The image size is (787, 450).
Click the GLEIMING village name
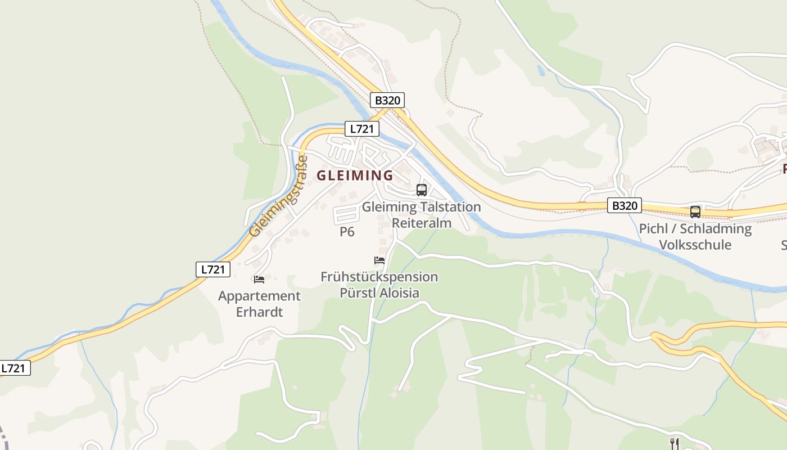[355, 175]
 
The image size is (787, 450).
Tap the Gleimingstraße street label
[279, 195]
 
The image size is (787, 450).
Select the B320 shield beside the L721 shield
[387, 100]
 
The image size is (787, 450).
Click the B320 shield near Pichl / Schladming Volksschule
[624, 206]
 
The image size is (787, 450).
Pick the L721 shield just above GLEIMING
[361, 129]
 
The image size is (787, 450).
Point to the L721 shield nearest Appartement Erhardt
[213, 269]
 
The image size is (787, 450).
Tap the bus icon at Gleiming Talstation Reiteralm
[422, 190]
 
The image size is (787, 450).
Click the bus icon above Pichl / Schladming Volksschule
[695, 212]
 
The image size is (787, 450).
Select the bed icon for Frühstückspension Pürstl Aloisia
[379, 260]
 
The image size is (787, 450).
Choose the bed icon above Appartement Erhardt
[259, 279]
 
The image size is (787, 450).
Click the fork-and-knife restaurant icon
[675, 443]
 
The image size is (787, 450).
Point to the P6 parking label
[347, 232]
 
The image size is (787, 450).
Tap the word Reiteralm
[422, 223]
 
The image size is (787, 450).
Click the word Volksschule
[695, 245]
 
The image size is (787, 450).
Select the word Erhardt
[259, 312]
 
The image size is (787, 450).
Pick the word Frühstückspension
[379, 277]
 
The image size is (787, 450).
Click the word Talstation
[447, 207]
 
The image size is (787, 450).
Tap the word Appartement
[259, 296]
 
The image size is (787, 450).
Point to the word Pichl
[656, 229]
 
